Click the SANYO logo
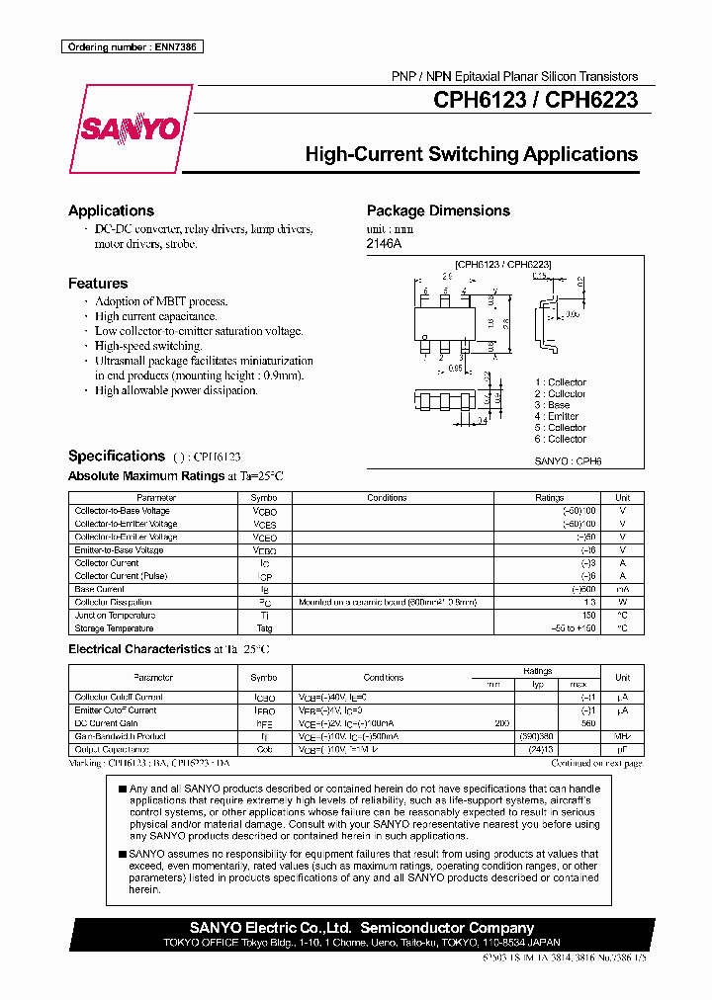129,128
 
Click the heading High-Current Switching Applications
471,154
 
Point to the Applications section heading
111,210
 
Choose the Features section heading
98,284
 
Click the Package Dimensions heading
438,210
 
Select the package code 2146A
385,243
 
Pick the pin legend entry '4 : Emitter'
557,416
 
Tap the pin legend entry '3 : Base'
552,405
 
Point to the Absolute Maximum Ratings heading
146,476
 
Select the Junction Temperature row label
115,616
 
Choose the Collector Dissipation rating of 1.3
589,602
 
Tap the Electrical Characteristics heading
137,649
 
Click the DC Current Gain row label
106,723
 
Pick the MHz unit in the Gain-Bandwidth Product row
622,736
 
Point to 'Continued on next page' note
596,763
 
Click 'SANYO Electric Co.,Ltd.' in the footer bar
272,928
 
